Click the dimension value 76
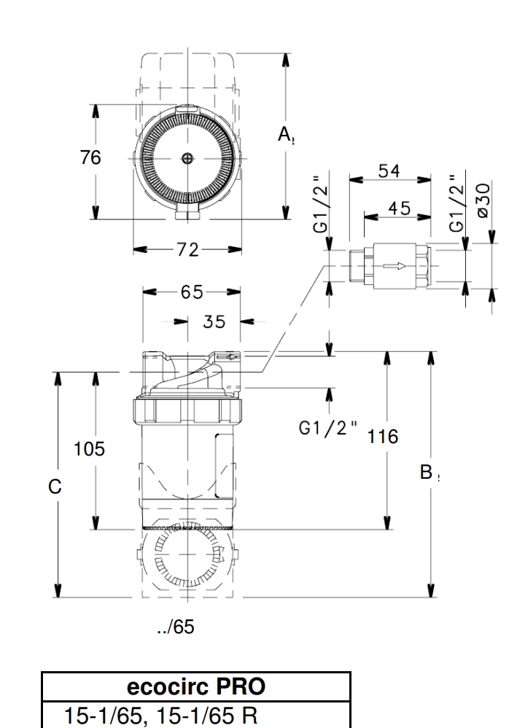pyautogui.click(x=90, y=157)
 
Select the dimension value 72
pyautogui.click(x=187, y=249)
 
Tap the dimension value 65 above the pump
pyautogui.click(x=192, y=291)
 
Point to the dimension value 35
pyautogui.click(x=214, y=321)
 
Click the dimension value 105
pyautogui.click(x=89, y=449)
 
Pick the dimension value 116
pyautogui.click(x=383, y=437)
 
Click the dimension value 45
pyautogui.click(x=400, y=208)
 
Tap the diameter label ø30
pyautogui.click(x=482, y=199)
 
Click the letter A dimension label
pyautogui.click(x=285, y=134)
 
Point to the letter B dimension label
pyautogui.click(x=427, y=472)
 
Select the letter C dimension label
pyautogui.click(x=55, y=487)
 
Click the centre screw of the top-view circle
pyautogui.click(x=187, y=158)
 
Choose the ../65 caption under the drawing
pyautogui.click(x=176, y=627)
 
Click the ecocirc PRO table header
pyautogui.click(x=196, y=687)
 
